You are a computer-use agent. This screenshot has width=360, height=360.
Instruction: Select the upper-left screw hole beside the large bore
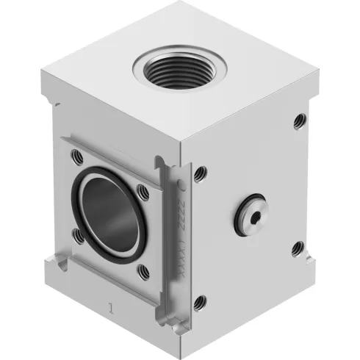(76, 156)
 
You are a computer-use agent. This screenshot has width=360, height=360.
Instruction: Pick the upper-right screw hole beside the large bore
(143, 192)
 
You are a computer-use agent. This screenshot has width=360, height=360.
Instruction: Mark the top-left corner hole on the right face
(200, 173)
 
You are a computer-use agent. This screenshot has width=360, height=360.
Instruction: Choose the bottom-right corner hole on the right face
(297, 248)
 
